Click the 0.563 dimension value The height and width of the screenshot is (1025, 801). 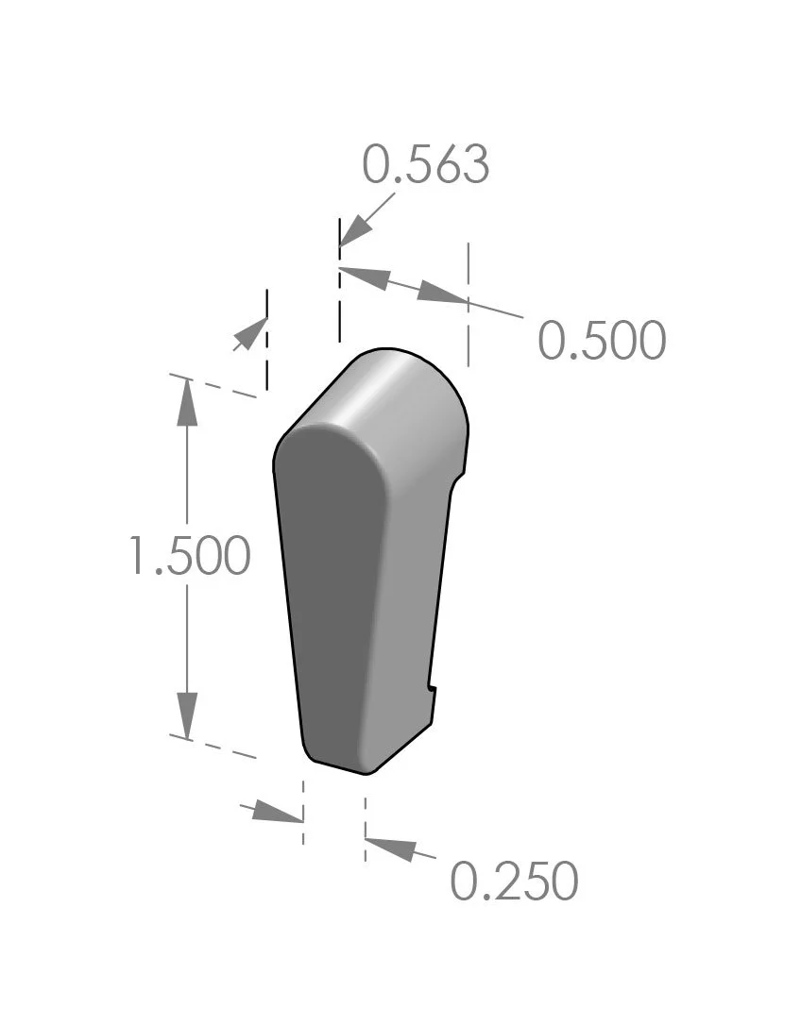pyautogui.click(x=426, y=165)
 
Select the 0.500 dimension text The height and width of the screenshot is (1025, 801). pyautogui.click(x=602, y=341)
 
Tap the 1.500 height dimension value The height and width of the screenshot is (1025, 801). pyautogui.click(x=189, y=556)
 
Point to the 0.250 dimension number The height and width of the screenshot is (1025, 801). pyautogui.click(x=513, y=882)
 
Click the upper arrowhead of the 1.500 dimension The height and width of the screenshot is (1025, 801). pyautogui.click(x=187, y=404)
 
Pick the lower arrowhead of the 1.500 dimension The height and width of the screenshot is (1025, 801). pyautogui.click(x=187, y=712)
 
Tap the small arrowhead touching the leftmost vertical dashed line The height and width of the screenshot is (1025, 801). pyautogui.click(x=251, y=333)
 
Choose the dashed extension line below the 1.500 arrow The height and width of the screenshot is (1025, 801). pyautogui.click(x=213, y=746)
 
